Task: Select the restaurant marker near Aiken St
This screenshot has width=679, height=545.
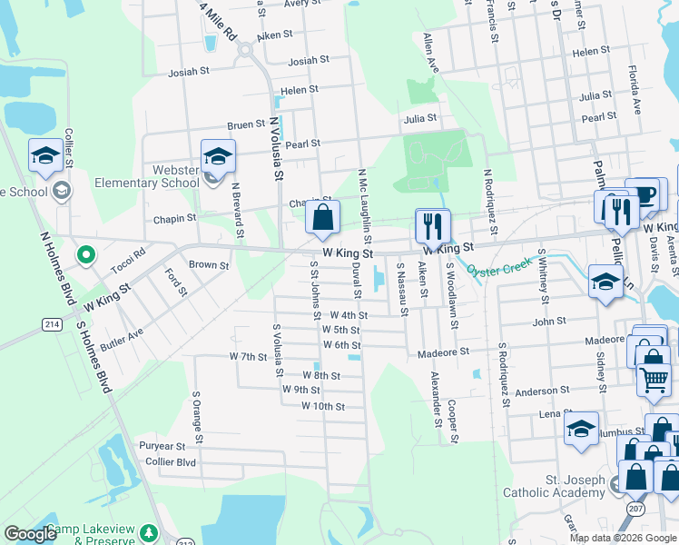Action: coord(432,227)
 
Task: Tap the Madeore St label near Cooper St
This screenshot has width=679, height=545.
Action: coord(443,352)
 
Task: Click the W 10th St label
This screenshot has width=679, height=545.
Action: coord(323,406)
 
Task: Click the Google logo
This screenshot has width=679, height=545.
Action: coord(30,534)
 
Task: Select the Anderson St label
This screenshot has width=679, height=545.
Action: coord(542,391)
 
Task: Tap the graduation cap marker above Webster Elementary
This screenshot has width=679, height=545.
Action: coord(218,157)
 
